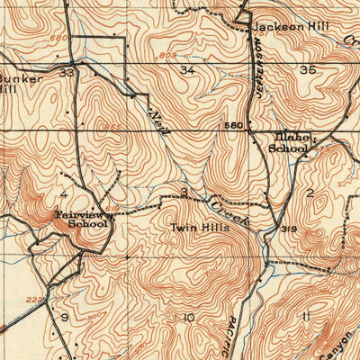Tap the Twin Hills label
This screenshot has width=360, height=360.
pyautogui.click(x=201, y=229)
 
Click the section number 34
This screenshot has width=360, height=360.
pyautogui.click(x=187, y=70)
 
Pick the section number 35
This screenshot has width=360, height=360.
pyautogui.click(x=309, y=69)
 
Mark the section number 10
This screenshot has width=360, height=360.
pyautogui.click(x=188, y=318)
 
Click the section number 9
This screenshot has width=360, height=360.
pyautogui.click(x=65, y=318)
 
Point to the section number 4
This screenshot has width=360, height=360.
pyautogui.click(x=64, y=193)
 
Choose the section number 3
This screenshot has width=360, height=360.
pyautogui.click(x=184, y=193)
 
